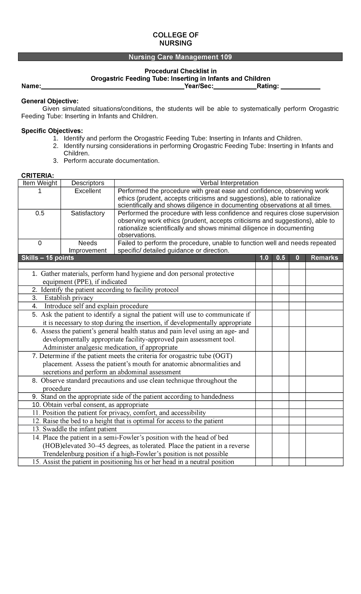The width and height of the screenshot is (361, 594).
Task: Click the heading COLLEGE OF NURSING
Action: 175,39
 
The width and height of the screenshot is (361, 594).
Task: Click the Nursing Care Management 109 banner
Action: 180,57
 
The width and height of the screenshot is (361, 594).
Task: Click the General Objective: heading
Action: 50,101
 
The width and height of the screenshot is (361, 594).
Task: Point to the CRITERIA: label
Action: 38,176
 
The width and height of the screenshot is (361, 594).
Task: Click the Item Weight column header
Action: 39,183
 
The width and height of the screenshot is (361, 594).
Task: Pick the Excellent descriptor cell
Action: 88,191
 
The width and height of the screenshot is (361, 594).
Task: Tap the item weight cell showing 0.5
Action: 39,213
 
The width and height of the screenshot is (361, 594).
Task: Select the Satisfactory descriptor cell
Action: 88,213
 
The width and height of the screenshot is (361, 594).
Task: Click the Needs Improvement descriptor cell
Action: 88,247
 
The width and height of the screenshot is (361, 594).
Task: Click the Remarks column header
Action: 324,258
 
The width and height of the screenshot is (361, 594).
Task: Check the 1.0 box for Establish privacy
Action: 264,298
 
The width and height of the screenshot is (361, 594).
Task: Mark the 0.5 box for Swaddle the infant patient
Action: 280,429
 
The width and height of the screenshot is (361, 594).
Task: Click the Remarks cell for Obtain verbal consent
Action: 324,405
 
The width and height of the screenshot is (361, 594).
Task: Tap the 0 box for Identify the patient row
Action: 297,290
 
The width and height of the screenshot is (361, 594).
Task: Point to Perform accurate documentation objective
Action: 111,161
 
